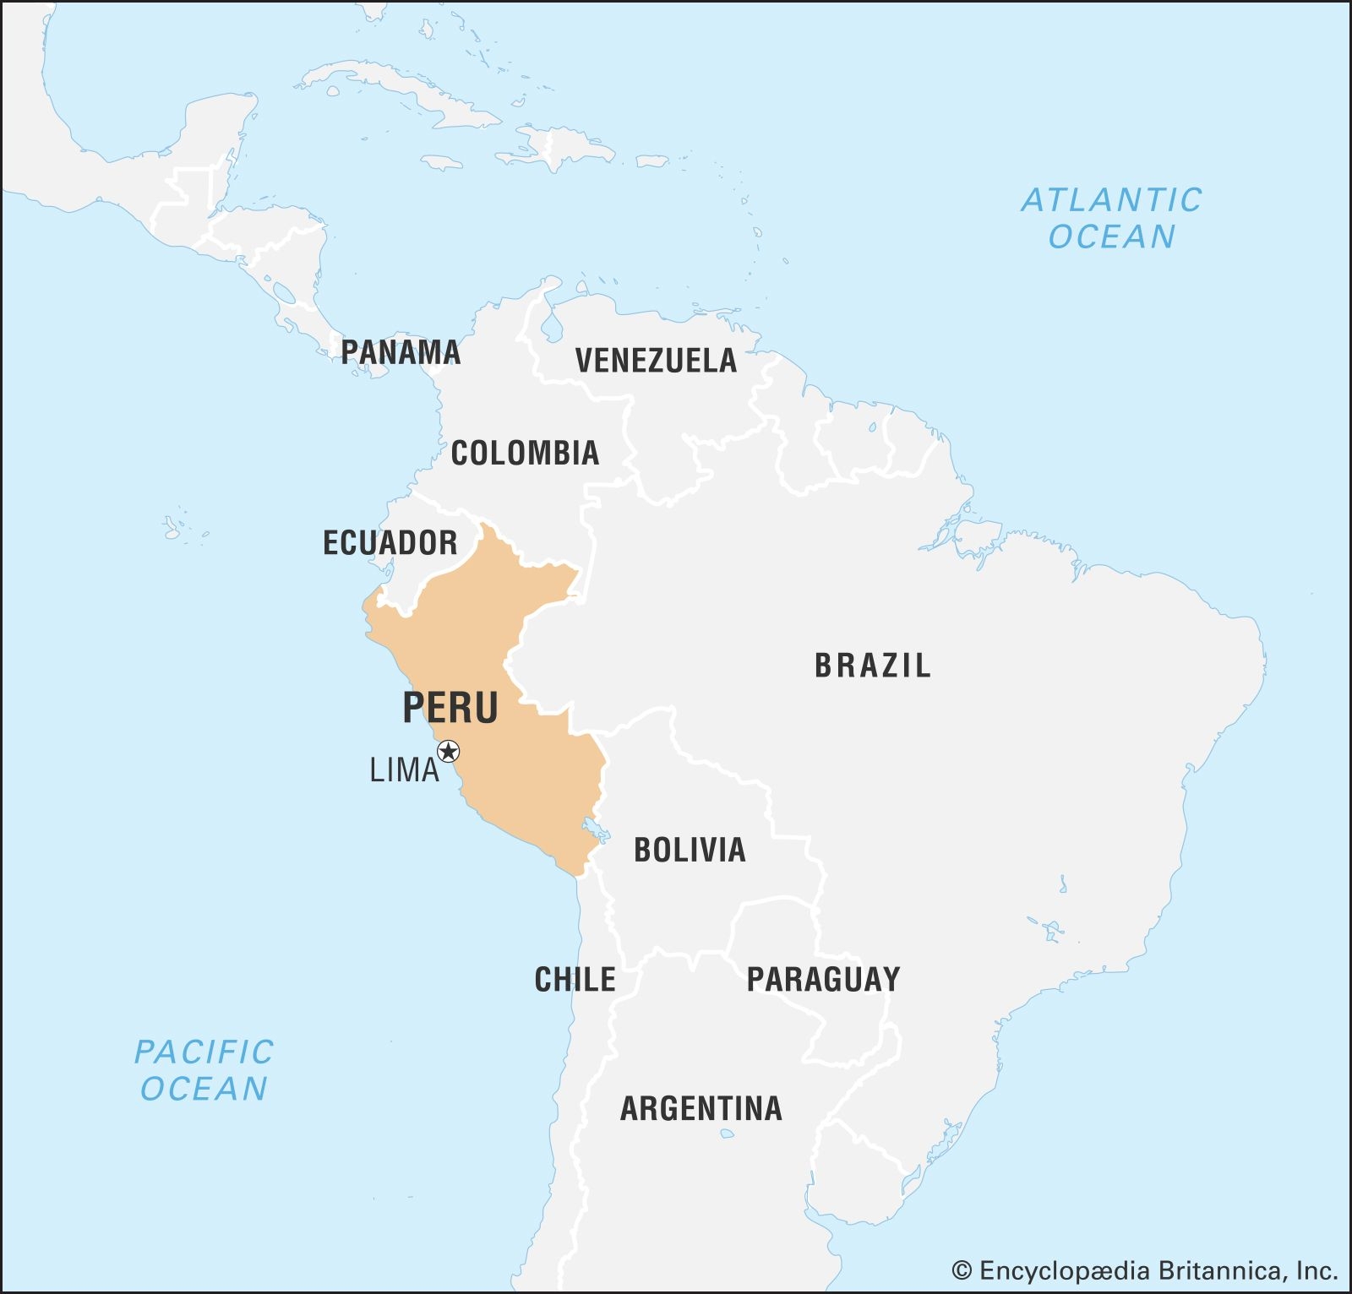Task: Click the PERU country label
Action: point(450,708)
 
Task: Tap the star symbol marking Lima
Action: point(449,751)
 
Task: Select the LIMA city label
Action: point(404,770)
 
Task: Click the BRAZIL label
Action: point(872,666)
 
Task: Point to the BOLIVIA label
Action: point(690,850)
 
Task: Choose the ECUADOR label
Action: point(390,542)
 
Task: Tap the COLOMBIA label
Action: point(525,454)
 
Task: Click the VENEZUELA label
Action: point(656,361)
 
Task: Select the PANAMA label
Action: point(401,352)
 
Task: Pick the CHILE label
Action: point(575,980)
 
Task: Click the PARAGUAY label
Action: point(823,980)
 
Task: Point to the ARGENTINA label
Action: point(701,1108)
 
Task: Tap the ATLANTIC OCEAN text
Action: point(1111,218)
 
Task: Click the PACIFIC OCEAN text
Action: point(204,1070)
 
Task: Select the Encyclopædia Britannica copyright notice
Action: point(1144,1270)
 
